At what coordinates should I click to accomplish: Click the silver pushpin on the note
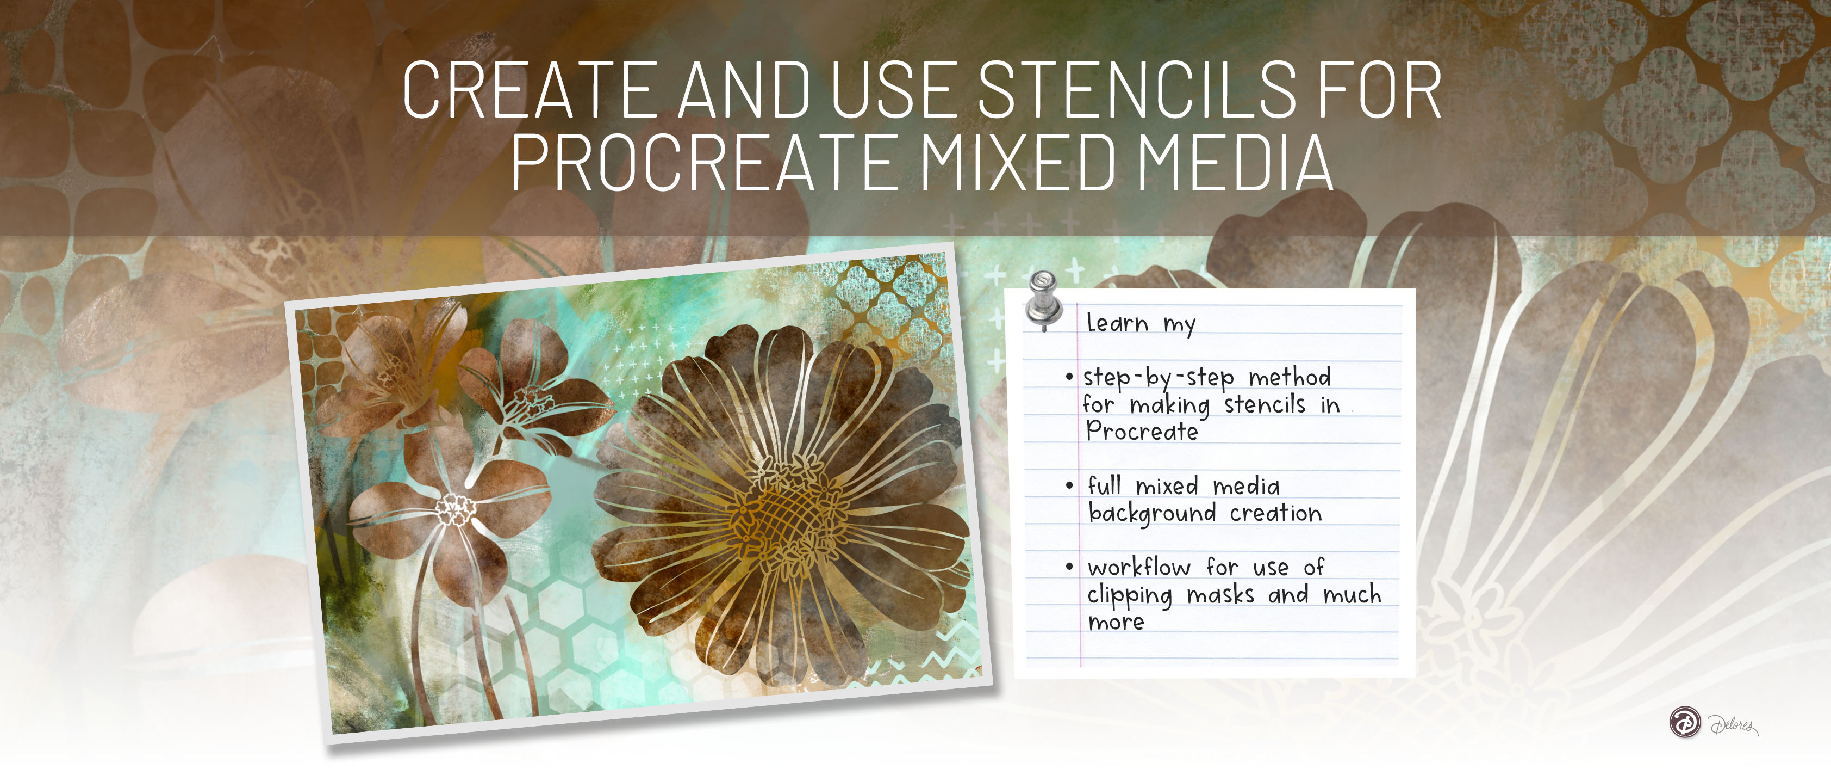(1044, 300)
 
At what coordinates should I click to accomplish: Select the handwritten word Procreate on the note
(1142, 431)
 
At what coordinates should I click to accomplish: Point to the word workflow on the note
(1139, 567)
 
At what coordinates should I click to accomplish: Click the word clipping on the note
(1130, 595)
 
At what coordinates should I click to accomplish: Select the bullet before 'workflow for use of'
(1069, 567)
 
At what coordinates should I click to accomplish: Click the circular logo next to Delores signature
(1685, 722)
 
